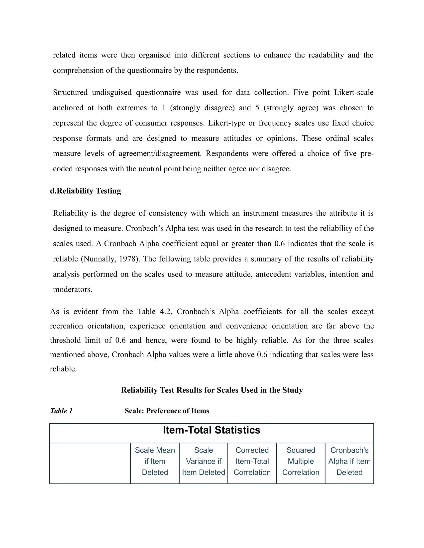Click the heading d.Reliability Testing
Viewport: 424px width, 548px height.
coord(85,191)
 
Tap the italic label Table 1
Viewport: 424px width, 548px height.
coord(61,411)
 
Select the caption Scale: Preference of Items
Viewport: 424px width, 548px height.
coord(167,411)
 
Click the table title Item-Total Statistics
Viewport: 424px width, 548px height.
coord(212,430)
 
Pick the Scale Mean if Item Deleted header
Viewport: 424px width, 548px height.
coord(155,461)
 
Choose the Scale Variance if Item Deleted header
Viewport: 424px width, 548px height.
coord(204,461)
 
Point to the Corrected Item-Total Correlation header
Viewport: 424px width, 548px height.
coord(252,461)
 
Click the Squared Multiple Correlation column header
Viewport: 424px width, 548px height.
coord(301,461)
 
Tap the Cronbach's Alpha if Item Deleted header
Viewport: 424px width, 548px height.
coord(349,461)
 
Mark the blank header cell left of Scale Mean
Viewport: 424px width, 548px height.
coord(90,463)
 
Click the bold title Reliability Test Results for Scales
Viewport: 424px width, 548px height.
coord(212,390)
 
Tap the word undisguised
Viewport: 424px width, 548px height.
coord(111,92)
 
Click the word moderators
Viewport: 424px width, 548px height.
coord(72,289)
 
